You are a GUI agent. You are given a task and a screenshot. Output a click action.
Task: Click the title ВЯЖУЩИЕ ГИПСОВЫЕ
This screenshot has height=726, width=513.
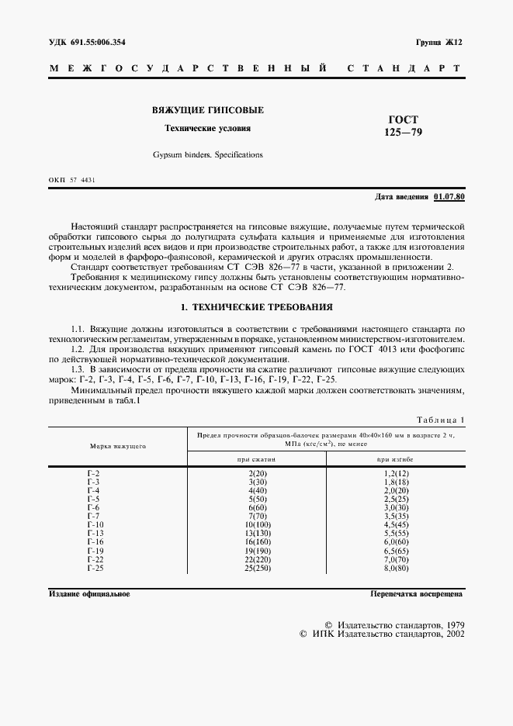208,111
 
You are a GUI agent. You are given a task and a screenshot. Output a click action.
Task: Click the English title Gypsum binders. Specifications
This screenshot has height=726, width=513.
208,154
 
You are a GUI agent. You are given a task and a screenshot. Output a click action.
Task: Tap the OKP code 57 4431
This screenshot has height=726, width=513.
82,180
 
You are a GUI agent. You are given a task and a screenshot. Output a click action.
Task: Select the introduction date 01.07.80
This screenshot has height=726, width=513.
449,197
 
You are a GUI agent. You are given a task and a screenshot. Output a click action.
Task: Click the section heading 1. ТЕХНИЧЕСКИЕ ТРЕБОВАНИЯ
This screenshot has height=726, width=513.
256,307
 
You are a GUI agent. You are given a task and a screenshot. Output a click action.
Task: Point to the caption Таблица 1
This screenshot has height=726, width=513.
440,419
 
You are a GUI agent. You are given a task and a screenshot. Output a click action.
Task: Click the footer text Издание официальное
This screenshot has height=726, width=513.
89,594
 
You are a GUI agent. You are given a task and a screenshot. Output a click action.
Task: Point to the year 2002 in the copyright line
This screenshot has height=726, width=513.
452,634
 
